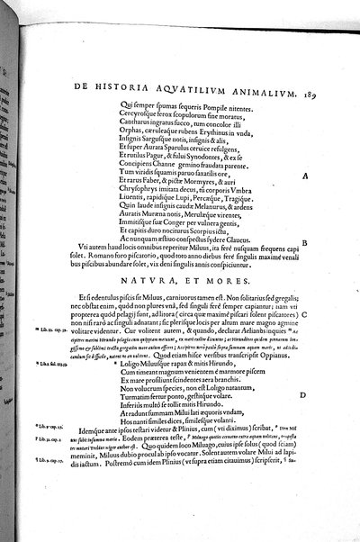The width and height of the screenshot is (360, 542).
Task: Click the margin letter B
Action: click(x=306, y=268)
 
